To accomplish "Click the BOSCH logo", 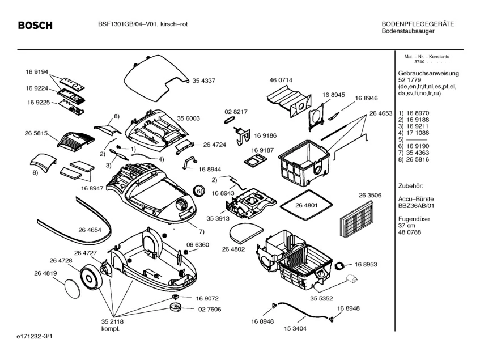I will point(35,26).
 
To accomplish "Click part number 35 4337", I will point(203,81).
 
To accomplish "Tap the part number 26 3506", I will point(369,195).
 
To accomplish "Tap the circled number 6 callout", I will point(199,191).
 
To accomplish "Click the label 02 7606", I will point(209,309).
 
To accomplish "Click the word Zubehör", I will point(411,185).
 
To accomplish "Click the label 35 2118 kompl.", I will point(113,325).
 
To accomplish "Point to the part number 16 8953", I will point(366,264).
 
